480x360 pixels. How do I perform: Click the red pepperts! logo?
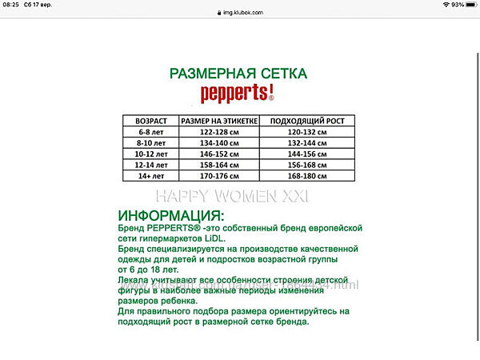pos(238,93)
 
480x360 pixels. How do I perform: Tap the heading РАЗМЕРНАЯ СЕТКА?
pos(238,74)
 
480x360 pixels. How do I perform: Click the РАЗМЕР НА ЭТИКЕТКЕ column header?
pos(219,121)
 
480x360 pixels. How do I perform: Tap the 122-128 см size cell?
pos(219,131)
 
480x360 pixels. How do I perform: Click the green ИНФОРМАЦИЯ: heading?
pos(171,217)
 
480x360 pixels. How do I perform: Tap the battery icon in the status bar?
pos(469,5)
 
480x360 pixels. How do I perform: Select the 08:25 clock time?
pos(11,5)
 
